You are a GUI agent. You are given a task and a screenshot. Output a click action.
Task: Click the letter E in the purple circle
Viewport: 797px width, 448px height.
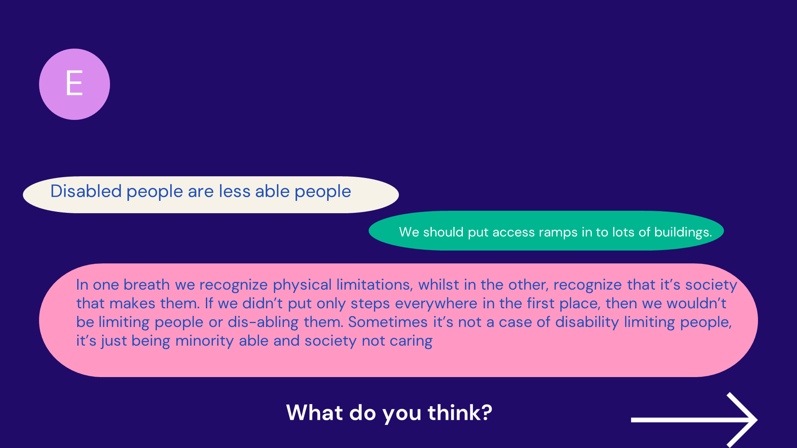[74, 83]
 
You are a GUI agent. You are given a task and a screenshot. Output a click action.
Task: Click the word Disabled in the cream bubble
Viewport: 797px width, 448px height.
[86, 191]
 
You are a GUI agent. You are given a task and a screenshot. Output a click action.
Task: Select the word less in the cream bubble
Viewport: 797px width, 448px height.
[235, 191]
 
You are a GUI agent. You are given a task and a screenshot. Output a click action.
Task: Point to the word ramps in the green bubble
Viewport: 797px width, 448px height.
[557, 232]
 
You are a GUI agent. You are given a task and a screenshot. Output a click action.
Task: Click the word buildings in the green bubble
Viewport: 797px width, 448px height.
[683, 232]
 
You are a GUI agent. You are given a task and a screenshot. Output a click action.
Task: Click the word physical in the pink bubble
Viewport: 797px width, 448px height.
[302, 285]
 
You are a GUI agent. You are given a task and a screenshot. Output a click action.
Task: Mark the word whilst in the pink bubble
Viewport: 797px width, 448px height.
[438, 285]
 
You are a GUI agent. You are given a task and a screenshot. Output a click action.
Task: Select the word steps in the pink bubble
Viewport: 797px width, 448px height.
[370, 304]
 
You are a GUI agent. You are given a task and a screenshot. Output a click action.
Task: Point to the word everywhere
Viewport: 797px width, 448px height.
[436, 304]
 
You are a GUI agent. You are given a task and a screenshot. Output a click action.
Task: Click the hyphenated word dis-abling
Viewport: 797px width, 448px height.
[263, 322]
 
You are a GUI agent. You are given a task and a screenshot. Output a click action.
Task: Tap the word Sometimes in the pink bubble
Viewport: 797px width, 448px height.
[388, 322]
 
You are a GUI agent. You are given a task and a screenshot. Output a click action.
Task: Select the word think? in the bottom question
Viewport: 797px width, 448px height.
[460, 413]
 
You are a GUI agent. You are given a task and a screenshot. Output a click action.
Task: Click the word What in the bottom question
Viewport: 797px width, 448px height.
[315, 413]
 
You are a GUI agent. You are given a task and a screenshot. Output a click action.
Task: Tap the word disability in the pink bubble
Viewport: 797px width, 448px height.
[587, 322]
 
